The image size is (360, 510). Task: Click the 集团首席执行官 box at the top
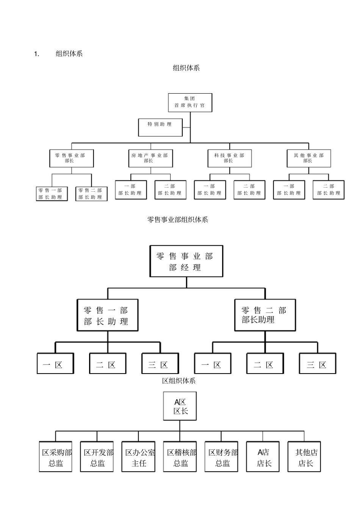190,102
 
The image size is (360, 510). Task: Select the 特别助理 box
160,127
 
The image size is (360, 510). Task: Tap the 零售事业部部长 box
71,158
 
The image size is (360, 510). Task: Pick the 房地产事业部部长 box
150,158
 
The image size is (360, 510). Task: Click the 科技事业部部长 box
230,158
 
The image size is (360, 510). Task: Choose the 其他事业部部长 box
309,158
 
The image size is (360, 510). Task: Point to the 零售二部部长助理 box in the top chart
91,194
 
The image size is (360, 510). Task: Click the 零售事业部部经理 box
186,261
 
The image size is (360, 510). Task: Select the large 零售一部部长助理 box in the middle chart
107,315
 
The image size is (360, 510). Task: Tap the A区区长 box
180,406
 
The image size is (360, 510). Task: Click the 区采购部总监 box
56,457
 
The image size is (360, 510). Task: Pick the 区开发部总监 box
97,457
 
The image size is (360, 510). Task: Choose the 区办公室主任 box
138,457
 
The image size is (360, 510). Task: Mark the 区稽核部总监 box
180,457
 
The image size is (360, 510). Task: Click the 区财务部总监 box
222,457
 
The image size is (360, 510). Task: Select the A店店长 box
263,457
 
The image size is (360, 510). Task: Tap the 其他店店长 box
304,457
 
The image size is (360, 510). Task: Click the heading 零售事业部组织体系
177,220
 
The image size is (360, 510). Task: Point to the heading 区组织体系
179,381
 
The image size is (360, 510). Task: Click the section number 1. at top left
37,54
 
